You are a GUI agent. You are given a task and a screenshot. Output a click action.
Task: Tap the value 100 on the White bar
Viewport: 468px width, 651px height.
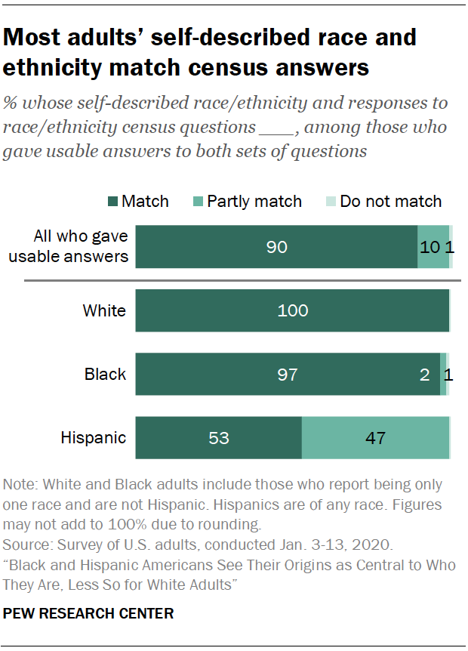[293, 310]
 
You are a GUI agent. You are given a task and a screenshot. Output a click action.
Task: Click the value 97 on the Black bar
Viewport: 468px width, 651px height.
[288, 374]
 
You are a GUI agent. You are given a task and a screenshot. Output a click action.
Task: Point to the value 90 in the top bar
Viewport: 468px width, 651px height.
[277, 247]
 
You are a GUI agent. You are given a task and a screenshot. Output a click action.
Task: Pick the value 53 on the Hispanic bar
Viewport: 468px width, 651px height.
[219, 437]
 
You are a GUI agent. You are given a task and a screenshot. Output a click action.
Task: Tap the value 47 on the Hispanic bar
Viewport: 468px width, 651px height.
[376, 437]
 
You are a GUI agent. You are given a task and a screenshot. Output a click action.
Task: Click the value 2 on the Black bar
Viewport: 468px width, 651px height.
[425, 374]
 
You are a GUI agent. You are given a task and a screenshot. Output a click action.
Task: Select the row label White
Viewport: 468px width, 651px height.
[105, 310]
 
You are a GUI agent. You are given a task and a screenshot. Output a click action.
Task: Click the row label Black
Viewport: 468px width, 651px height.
[106, 374]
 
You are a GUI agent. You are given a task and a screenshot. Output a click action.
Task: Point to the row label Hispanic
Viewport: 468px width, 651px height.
[93, 437]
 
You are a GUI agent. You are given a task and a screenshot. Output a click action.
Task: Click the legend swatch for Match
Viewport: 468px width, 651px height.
[112, 202]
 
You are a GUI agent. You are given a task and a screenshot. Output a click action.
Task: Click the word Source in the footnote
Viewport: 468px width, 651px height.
[24, 545]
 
